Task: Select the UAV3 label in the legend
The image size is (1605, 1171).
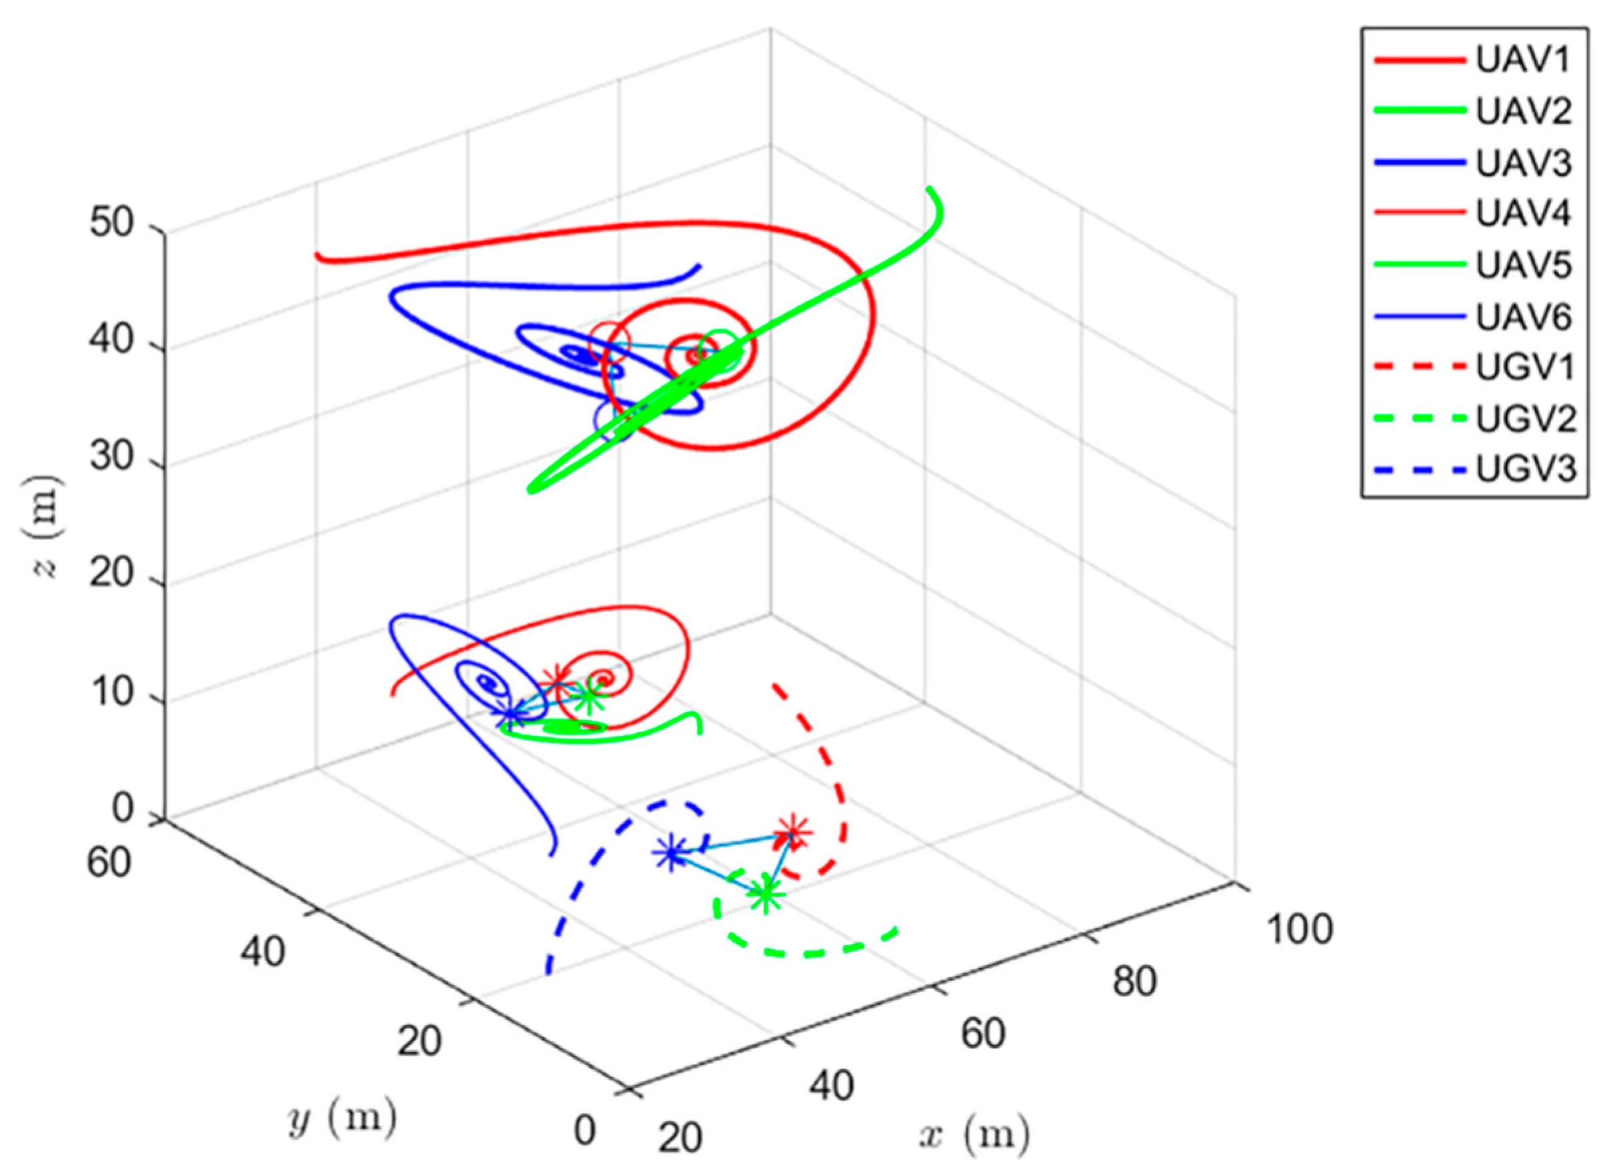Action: click(1523, 163)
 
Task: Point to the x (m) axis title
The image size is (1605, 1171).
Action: click(974, 1136)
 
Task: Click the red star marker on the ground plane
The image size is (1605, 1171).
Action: click(793, 833)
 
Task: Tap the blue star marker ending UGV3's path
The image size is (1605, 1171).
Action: click(671, 854)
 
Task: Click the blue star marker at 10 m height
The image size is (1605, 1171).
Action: click(511, 715)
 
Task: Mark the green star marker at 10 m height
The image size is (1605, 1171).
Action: click(589, 698)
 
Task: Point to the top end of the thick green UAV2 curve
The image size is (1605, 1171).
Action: click(929, 189)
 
